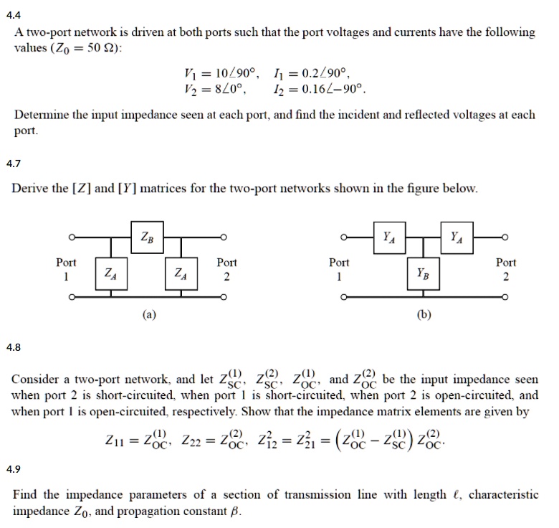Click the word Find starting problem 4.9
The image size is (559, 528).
click(x=24, y=496)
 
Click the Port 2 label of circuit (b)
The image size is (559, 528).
click(x=505, y=269)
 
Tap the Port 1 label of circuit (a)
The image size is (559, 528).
click(x=67, y=269)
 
